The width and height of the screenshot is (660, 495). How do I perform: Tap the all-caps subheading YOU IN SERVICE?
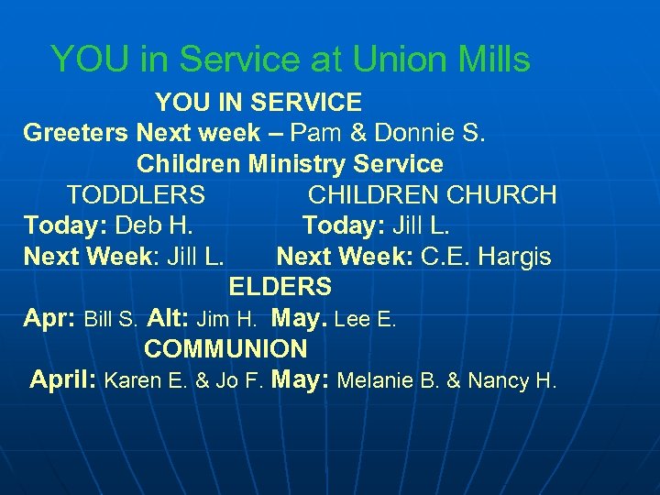pyautogui.click(x=258, y=102)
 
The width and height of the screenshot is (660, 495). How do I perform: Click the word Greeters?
pyautogui.click(x=76, y=133)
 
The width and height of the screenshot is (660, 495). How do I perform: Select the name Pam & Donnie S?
pyautogui.click(x=390, y=133)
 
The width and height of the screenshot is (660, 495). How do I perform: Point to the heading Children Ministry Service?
pyautogui.click(x=290, y=164)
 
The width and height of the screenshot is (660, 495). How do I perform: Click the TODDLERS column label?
pyautogui.click(x=136, y=195)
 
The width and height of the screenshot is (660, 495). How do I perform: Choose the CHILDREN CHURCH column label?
pyautogui.click(x=432, y=195)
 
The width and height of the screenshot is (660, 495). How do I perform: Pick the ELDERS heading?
pyautogui.click(x=280, y=287)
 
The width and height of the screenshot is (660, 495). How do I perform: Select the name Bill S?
pyautogui.click(x=112, y=320)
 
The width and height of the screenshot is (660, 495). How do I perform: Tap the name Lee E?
pyautogui.click(x=366, y=320)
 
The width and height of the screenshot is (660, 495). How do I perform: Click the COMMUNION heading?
pyautogui.click(x=225, y=349)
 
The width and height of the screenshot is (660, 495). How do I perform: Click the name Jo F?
pyautogui.click(x=239, y=381)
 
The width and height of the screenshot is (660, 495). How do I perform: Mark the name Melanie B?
pyautogui.click(x=385, y=381)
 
